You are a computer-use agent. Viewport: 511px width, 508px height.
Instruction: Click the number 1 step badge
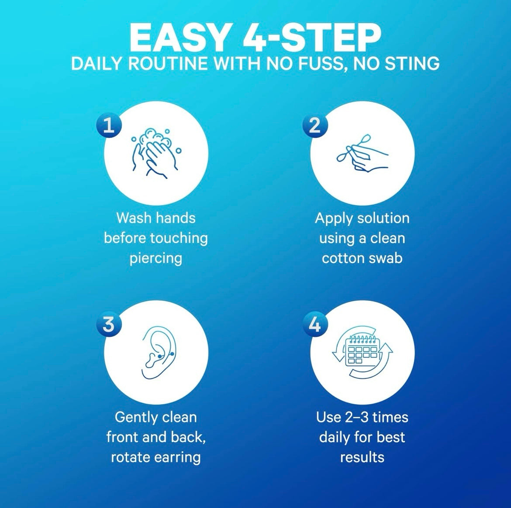pos(108,126)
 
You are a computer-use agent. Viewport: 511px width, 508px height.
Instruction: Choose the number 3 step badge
pos(108,325)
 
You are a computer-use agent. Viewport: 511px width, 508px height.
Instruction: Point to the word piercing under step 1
pos(156,258)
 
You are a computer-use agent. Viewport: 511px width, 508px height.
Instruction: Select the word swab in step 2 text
pos(384,258)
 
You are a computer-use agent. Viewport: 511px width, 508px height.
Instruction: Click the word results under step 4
pos(362,457)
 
